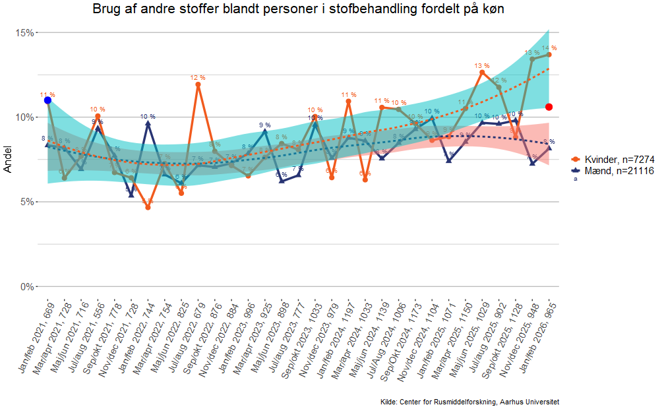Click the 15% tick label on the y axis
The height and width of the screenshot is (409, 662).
[x=25, y=33]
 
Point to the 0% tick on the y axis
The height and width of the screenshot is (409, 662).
[x=28, y=286]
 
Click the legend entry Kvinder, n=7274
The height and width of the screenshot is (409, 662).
[x=615, y=160]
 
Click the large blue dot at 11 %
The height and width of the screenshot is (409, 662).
[x=47, y=100]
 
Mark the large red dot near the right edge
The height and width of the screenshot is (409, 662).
[x=549, y=107]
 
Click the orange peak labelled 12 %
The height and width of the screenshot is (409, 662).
[x=198, y=84]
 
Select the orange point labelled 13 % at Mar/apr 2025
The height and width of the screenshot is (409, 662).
[x=482, y=73]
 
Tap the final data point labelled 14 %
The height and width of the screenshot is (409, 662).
[x=549, y=55]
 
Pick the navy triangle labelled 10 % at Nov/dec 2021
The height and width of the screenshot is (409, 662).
[x=148, y=123]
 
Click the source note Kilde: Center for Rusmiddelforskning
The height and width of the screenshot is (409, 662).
[x=469, y=402]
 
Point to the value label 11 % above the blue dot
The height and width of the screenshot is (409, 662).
[x=47, y=94]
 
